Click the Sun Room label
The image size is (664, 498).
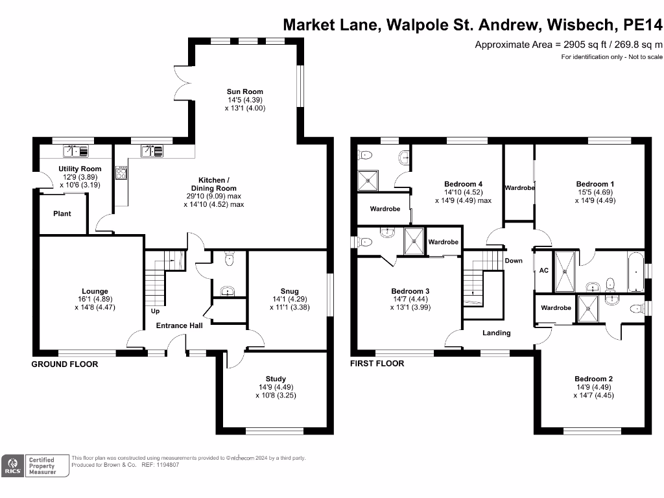(244, 91)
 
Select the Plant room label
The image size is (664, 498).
(62, 214)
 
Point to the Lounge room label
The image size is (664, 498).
(95, 291)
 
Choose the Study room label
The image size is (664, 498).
(276, 379)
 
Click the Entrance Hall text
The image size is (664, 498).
(180, 326)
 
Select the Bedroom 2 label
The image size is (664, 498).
(593, 379)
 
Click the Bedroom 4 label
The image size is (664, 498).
(463, 184)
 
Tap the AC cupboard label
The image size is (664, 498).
(543, 270)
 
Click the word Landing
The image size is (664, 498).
(497, 333)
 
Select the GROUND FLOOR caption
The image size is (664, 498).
(65, 364)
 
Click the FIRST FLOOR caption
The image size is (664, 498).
(377, 364)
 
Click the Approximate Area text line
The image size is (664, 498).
(569, 45)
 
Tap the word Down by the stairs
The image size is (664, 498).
(513, 261)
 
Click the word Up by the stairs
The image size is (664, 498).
(155, 311)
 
